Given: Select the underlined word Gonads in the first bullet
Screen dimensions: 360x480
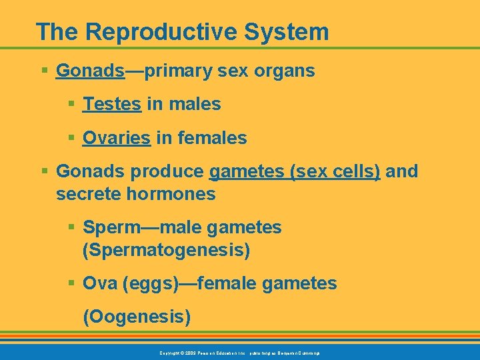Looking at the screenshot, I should (x=91, y=71).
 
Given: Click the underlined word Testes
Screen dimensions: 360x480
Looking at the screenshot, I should (x=111, y=104).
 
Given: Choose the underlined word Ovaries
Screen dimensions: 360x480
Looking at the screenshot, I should (x=116, y=138).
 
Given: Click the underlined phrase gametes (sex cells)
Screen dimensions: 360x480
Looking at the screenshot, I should (x=295, y=171).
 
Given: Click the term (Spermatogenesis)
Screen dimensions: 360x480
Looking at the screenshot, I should (x=166, y=251).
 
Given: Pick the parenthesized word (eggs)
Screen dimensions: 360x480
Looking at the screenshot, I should (x=150, y=283).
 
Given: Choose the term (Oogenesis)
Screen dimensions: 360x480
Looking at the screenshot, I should (x=136, y=316).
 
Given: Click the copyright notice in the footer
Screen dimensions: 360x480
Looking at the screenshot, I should (x=239, y=352).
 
